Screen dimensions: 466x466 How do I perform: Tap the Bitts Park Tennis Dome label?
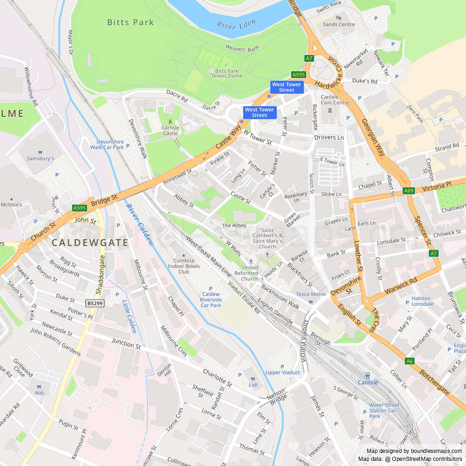click(x=227, y=73)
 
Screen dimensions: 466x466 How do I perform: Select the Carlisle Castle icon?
click(x=170, y=122)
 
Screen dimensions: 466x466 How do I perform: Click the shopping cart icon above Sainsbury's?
click(x=40, y=152)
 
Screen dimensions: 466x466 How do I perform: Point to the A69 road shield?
click(x=409, y=191)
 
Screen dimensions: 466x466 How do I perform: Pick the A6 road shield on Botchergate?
click(x=409, y=361)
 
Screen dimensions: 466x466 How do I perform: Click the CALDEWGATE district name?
click(x=89, y=243)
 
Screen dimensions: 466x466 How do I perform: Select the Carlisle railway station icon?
click(x=368, y=375)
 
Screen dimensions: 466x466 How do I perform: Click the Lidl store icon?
click(x=253, y=378)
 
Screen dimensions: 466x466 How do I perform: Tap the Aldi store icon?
click(x=40, y=386)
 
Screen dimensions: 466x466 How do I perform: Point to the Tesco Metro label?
click(x=311, y=294)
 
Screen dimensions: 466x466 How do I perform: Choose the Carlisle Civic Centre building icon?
click(x=330, y=110)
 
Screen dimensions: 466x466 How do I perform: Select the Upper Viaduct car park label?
click(x=283, y=372)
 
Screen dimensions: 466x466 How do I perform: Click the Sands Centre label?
click(x=339, y=24)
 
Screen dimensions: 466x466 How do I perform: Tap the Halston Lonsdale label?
click(x=422, y=301)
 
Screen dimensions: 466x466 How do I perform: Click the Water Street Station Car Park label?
click(x=384, y=411)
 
